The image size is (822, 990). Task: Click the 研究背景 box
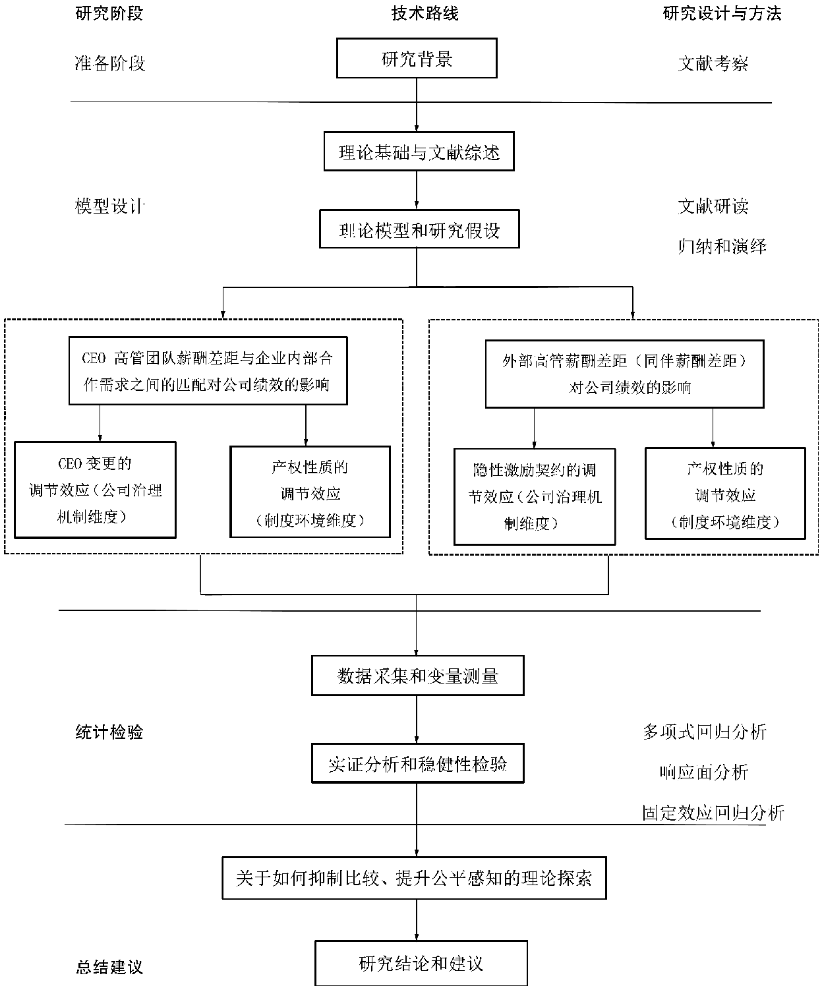pos(417,59)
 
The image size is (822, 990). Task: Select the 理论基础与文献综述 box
pos(419,152)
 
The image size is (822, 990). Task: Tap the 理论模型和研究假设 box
pos(419,230)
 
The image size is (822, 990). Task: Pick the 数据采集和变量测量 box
pos(417,676)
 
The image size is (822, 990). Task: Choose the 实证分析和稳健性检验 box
pos(417,764)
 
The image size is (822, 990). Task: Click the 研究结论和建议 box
pos(421,964)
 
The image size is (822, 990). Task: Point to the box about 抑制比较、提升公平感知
pos(414,878)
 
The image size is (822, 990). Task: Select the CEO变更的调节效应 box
pos(96,490)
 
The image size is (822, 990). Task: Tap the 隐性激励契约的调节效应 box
pos(535,497)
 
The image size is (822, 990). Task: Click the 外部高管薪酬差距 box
pos(624,374)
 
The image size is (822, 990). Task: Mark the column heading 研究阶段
pos(109,14)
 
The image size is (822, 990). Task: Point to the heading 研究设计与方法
pos(722,14)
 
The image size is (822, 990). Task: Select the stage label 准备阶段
pos(109,64)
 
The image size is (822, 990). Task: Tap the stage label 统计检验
pos(109,732)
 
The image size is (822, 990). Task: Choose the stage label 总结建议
pos(109,968)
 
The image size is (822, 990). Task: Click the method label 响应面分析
pos(704,772)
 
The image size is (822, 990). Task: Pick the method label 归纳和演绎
pos(722,247)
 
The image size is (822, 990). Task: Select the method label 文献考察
pos(713,64)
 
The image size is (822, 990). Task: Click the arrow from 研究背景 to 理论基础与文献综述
pos(417,105)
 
